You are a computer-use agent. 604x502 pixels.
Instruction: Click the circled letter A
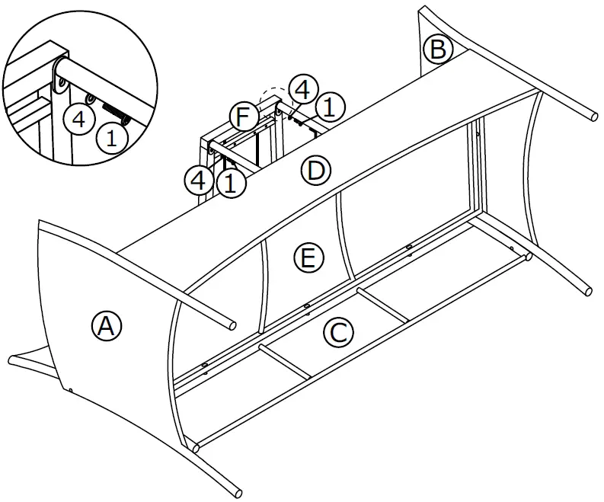tap(107, 326)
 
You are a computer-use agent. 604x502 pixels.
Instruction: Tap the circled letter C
tap(338, 332)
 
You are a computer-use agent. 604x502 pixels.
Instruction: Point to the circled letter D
tap(315, 171)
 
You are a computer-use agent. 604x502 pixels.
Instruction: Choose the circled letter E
tap(306, 259)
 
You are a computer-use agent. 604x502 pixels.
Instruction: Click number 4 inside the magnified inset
tap(78, 119)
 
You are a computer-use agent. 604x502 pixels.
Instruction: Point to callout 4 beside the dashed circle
tap(302, 90)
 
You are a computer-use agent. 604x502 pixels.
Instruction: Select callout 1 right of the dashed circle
tap(328, 107)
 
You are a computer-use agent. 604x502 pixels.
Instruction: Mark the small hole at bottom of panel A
tap(70, 390)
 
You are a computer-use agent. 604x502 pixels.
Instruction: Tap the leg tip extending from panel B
tap(593, 116)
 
